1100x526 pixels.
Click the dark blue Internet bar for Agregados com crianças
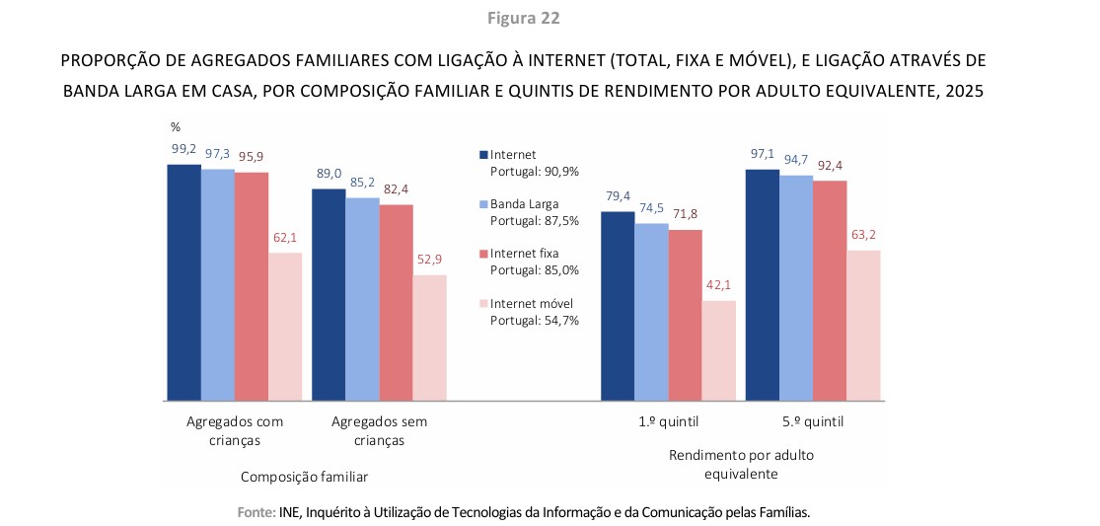click(183, 282)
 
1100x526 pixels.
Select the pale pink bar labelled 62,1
click(285, 327)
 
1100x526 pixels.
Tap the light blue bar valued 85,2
click(362, 299)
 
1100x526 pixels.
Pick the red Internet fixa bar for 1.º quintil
click(685, 315)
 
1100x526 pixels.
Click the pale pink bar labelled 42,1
click(718, 350)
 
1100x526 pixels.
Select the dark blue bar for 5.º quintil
click(763, 285)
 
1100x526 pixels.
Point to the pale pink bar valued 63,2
click(863, 326)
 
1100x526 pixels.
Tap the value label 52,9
click(429, 260)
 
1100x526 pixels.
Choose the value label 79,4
click(618, 196)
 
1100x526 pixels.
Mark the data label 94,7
click(796, 160)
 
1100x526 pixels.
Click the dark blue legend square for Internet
click(483, 155)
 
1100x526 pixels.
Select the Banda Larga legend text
click(523, 204)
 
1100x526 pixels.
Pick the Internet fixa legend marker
click(483, 254)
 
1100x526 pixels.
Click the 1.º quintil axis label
click(668, 421)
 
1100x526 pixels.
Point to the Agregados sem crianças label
click(379, 431)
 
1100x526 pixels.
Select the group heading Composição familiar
click(304, 477)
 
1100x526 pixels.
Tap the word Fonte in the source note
click(255, 512)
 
